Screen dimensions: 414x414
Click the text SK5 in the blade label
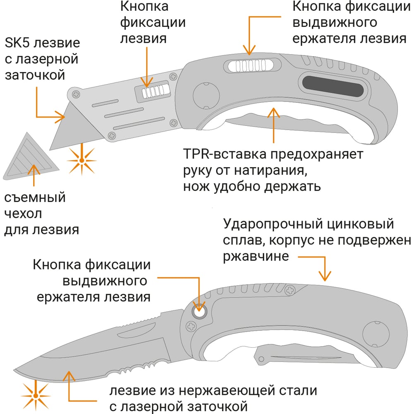pos(17,43)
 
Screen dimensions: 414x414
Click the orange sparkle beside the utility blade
pos(82,161)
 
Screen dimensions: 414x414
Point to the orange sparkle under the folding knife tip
pos(35,395)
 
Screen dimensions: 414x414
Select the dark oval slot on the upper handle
pos(333,87)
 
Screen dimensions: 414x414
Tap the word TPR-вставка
pos(224,154)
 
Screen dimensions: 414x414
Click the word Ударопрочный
pos(273,224)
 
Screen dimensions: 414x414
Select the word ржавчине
pos(256,257)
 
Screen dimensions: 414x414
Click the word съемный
pos(35,197)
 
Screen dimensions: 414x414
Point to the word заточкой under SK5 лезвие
pos(35,75)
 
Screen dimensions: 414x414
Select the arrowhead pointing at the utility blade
pos(60,116)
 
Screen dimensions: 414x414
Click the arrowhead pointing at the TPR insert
pos(274,113)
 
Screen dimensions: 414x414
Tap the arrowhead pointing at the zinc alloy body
pos(325,276)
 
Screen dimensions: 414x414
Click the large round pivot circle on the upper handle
pos(206,96)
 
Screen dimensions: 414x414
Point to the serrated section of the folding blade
pos(132,369)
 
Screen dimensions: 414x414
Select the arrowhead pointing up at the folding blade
pos(69,376)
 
